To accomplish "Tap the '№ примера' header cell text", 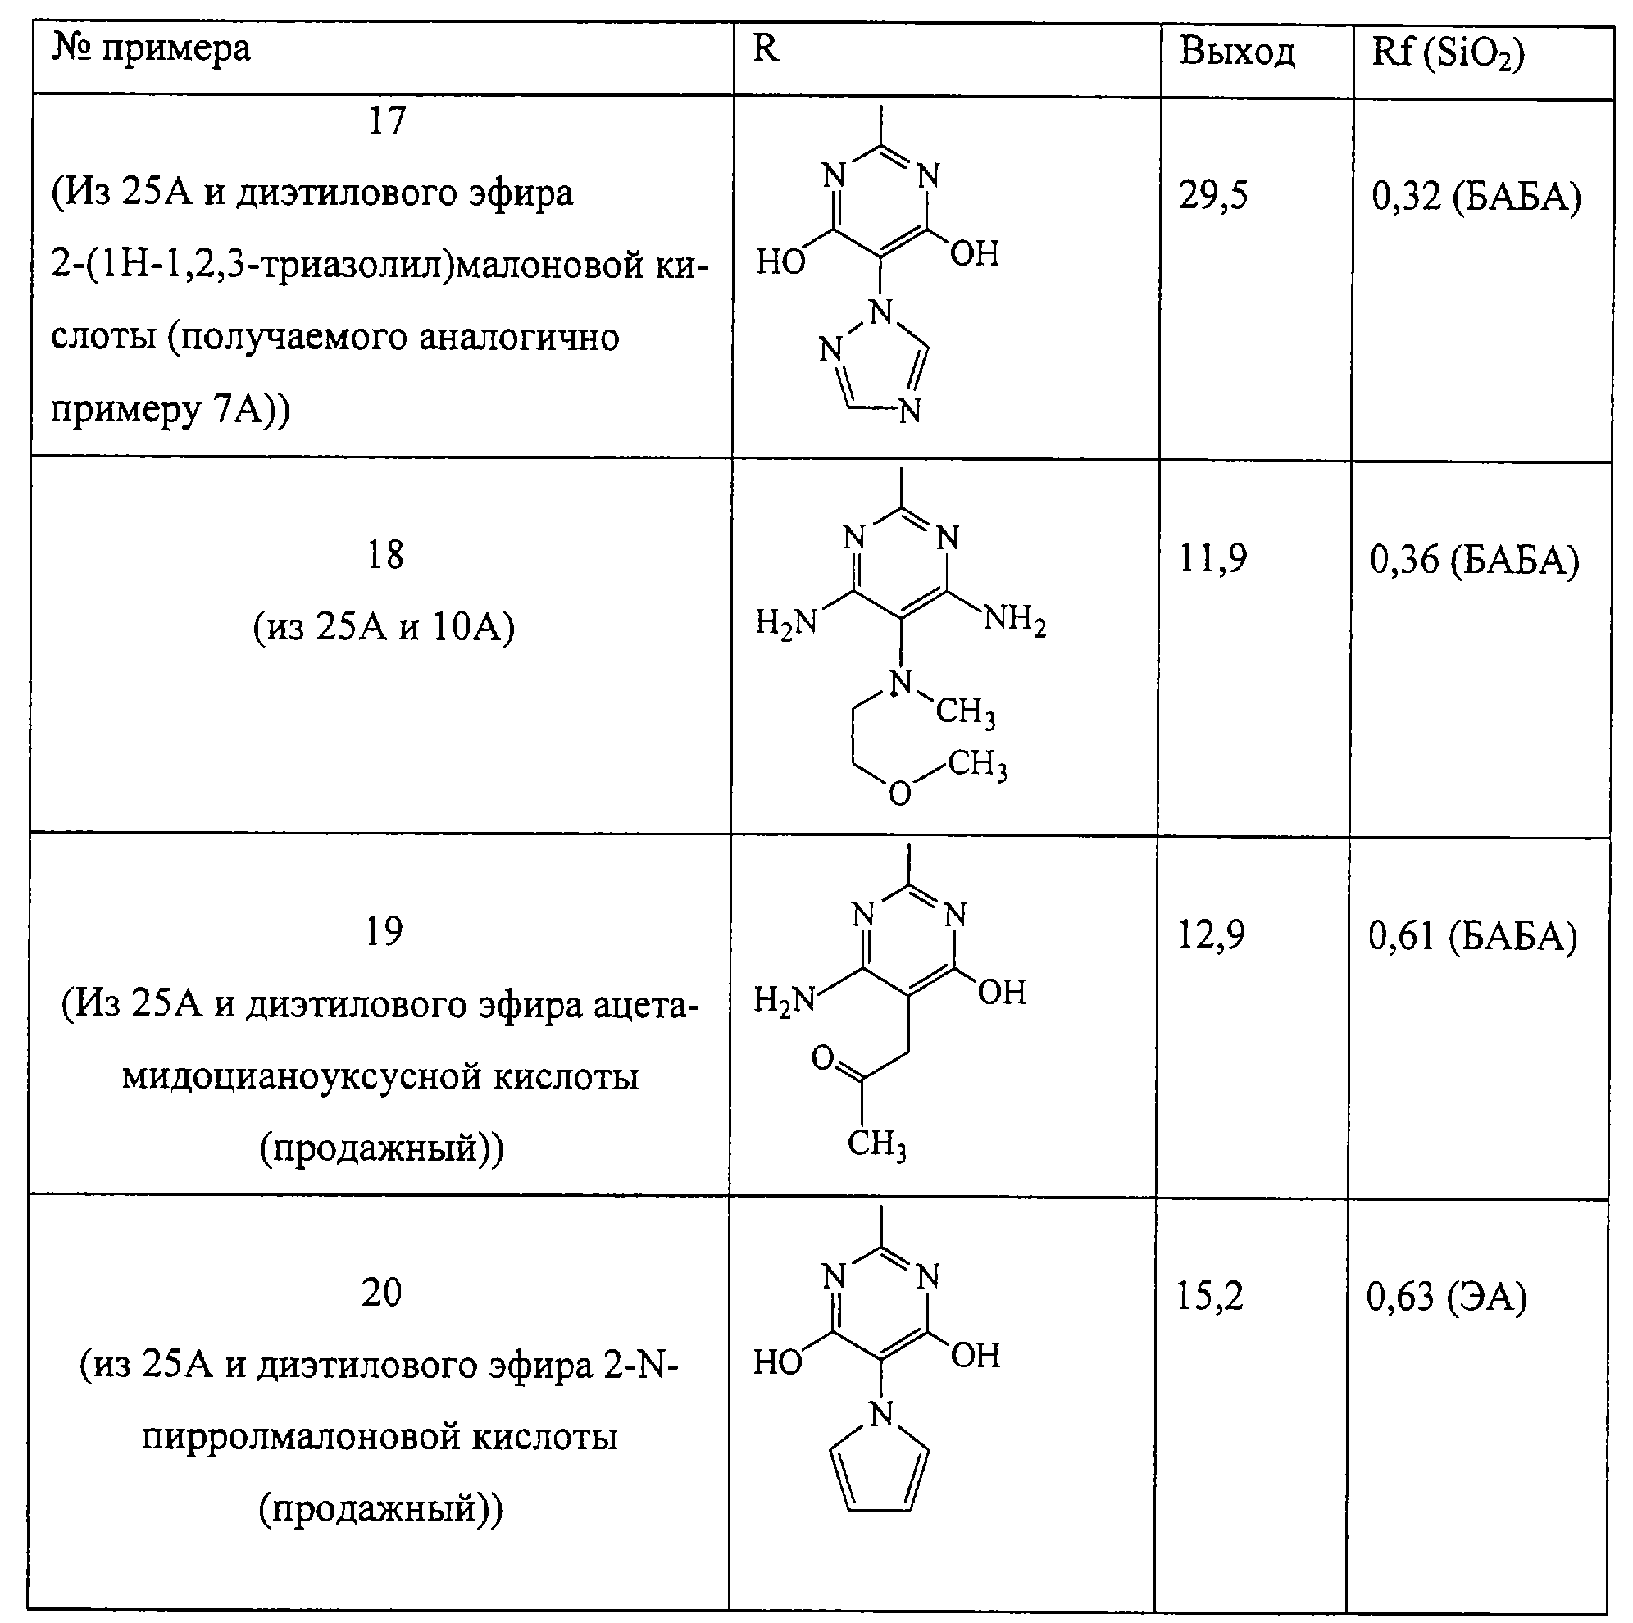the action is point(152,49).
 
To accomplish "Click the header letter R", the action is point(765,48).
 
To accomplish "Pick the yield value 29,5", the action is point(1213,195).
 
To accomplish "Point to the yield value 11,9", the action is point(1212,558).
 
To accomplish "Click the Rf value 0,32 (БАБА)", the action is point(1476,197).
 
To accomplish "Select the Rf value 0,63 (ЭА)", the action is point(1446,1298).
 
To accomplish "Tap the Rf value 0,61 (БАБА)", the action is point(1472,937).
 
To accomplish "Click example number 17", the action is point(387,120).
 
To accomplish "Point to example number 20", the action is point(381,1293).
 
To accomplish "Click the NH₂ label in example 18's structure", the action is point(1015,621).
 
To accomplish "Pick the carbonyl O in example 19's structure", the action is point(821,1057).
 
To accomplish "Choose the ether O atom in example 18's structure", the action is point(900,793).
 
